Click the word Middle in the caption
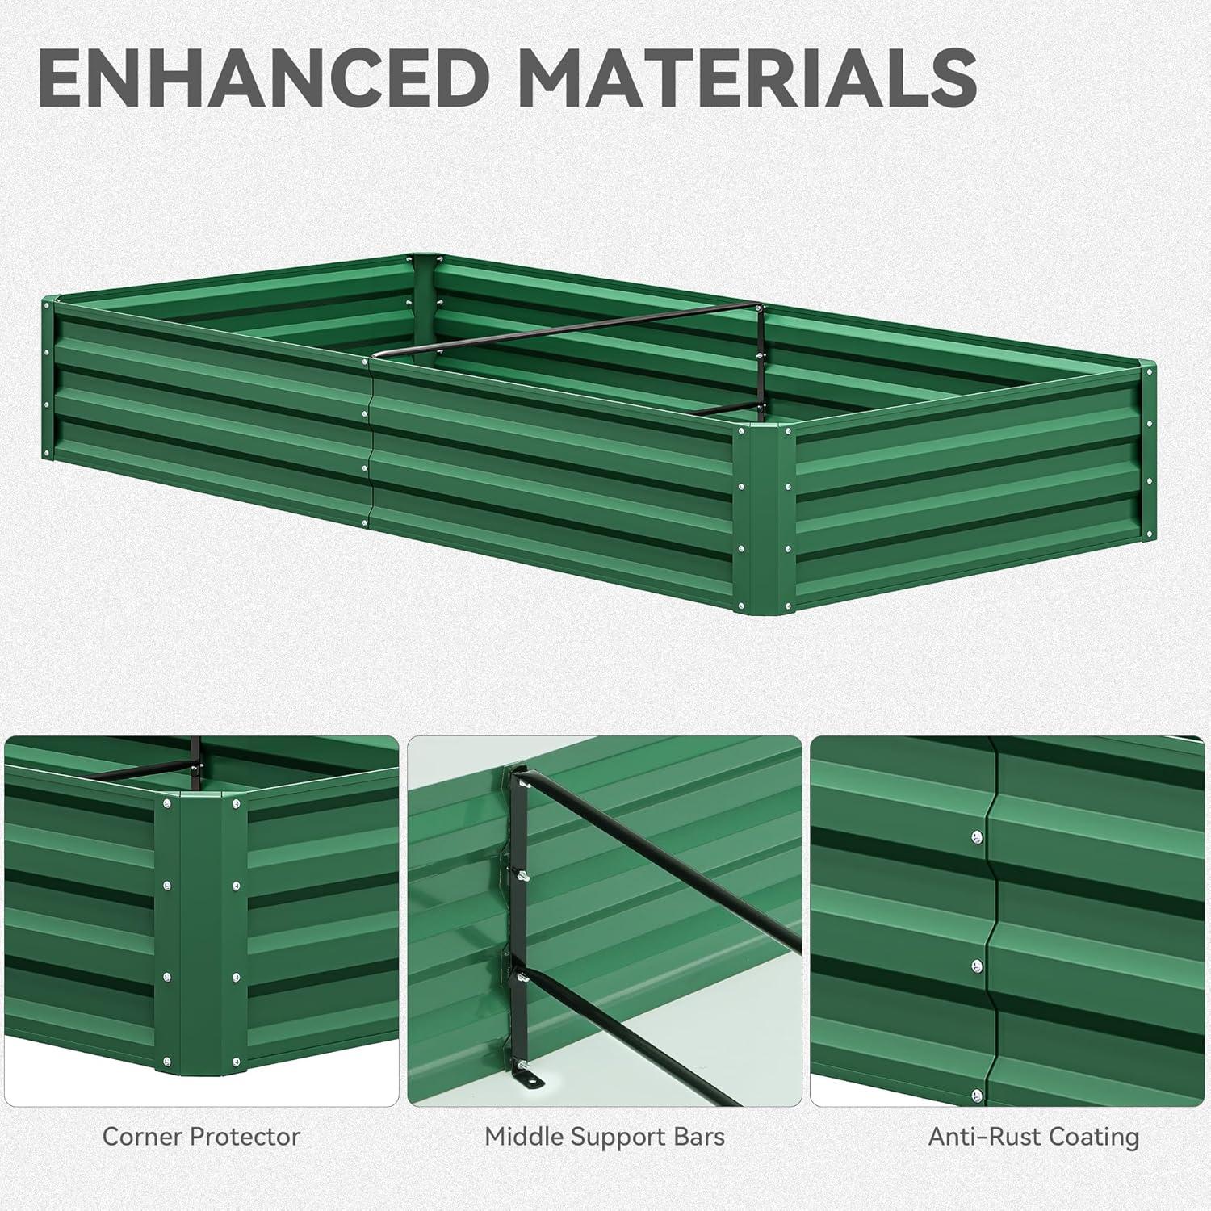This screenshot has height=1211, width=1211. (x=524, y=1137)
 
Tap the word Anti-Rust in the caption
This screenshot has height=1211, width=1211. (x=978, y=1137)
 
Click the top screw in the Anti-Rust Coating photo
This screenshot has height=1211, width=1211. (x=977, y=836)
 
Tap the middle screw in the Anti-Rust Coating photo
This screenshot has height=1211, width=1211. (x=978, y=966)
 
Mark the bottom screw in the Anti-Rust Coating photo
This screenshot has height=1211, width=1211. (x=978, y=1095)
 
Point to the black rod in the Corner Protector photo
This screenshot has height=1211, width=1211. (x=145, y=768)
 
